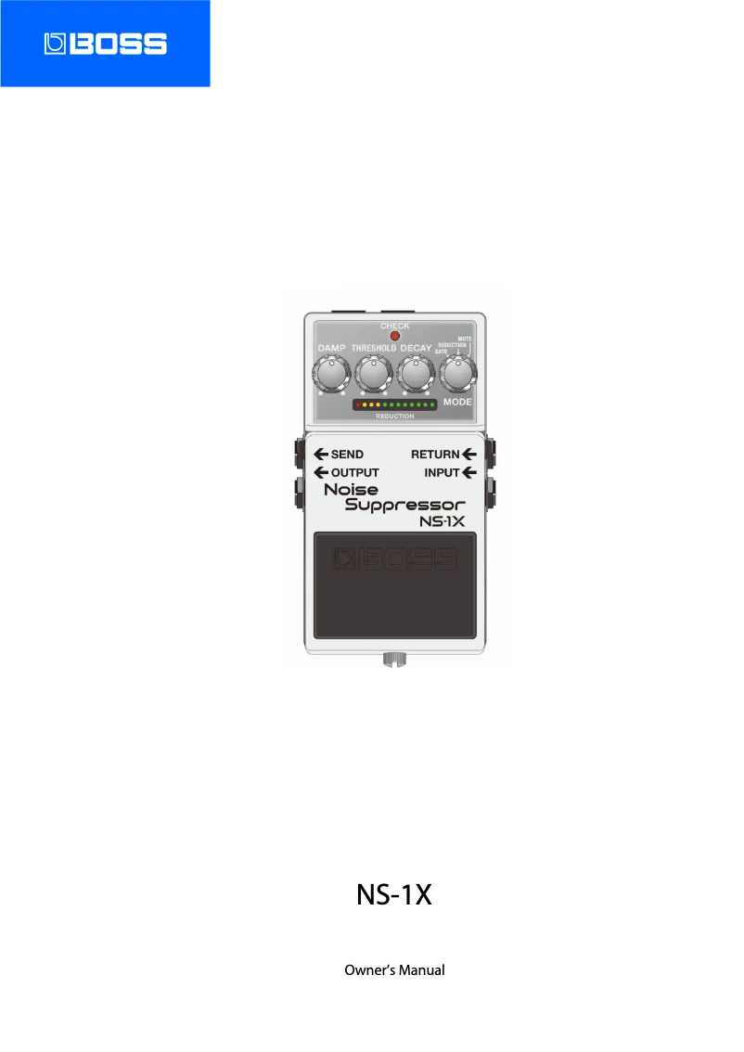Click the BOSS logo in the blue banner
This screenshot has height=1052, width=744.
click(x=105, y=44)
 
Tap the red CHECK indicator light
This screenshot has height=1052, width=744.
click(x=394, y=336)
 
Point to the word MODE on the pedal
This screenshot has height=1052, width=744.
click(x=457, y=403)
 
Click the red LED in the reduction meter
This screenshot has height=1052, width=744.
click(x=357, y=405)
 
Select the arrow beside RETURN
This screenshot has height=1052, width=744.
click(x=468, y=455)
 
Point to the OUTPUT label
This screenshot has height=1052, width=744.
click(x=355, y=472)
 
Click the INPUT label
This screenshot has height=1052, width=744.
click(x=442, y=472)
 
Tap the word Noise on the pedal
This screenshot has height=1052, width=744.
click(x=351, y=489)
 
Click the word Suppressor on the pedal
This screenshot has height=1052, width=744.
click(x=404, y=505)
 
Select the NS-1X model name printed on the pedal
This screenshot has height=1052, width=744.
click(x=442, y=522)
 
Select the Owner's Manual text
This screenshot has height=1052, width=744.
click(x=394, y=970)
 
